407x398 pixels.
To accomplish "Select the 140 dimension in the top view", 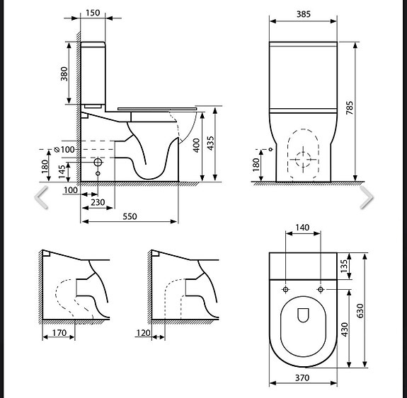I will click(302, 228).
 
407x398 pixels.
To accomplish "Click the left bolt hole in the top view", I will click(285, 290).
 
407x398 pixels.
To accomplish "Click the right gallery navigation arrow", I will click(366, 199).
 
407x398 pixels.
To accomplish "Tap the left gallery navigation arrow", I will click(42, 199).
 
